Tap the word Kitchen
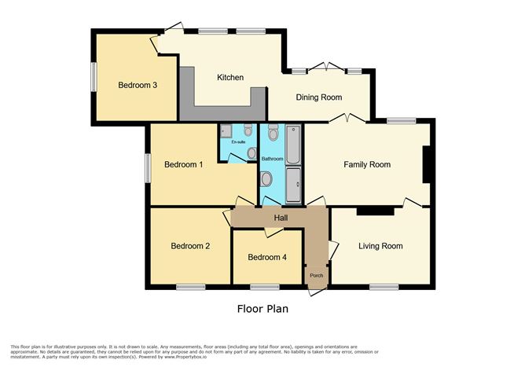230,78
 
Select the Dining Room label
318,97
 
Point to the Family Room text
367,165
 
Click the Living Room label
380,247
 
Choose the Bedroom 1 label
184,165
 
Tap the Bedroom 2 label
190,247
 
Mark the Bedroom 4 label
266,258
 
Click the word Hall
281,218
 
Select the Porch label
316,275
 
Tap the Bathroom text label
272,159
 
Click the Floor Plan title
262,309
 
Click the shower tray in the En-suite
226,131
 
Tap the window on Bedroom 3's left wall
93,77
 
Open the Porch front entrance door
316,290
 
